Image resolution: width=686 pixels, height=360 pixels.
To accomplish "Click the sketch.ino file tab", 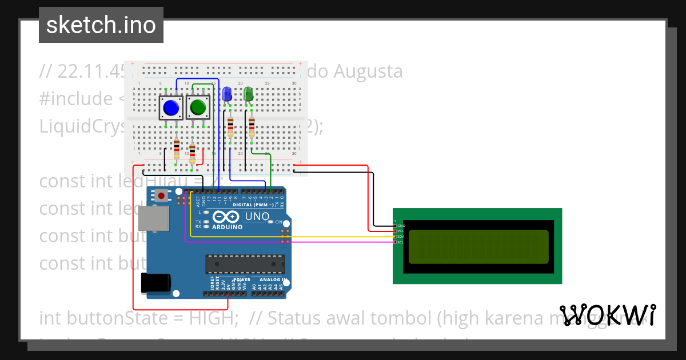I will [101, 25].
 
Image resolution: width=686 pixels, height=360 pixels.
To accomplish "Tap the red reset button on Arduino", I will [162, 196].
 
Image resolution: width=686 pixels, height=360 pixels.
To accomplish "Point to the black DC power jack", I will [155, 283].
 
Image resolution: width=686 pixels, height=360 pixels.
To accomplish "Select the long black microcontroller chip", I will [245, 265].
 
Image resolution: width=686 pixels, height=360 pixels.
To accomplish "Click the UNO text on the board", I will [257, 217].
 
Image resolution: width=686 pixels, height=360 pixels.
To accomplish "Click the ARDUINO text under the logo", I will [228, 227].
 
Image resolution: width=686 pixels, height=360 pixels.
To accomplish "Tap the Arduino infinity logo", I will [227, 217].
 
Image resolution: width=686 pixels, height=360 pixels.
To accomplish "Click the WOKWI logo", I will [607, 315].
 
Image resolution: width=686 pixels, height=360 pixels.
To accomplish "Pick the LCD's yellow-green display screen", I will [478, 246].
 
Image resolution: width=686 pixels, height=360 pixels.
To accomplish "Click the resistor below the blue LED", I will [230, 126].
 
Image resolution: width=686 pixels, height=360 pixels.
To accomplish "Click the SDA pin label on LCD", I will [401, 237].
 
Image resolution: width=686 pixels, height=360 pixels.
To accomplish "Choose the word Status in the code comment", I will [295, 317].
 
